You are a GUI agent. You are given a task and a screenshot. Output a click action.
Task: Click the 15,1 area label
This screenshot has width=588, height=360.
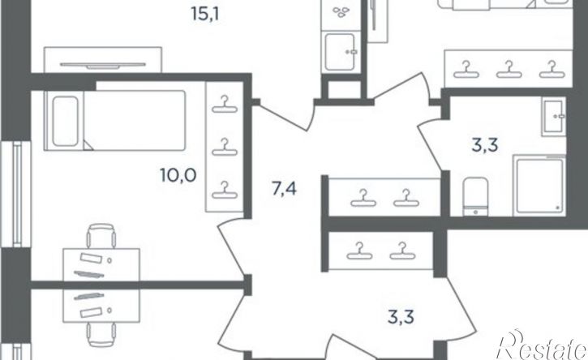pyautogui.click(x=204, y=15)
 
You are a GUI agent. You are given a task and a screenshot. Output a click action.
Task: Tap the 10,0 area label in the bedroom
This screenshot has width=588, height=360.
pyautogui.click(x=178, y=175)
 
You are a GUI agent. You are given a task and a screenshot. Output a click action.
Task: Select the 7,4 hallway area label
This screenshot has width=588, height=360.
pyautogui.click(x=284, y=189)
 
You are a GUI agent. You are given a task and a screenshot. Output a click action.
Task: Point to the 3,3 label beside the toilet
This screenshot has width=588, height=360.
pyautogui.click(x=485, y=145)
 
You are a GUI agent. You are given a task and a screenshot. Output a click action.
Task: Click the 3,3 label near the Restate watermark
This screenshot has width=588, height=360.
pyautogui.click(x=401, y=317)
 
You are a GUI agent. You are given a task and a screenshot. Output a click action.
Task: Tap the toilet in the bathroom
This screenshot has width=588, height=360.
pyautogui.click(x=475, y=197)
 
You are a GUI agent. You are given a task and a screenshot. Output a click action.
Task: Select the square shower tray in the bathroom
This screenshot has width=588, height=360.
pyautogui.click(x=539, y=186)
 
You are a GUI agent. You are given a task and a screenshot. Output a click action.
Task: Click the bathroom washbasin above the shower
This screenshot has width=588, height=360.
pyautogui.click(x=553, y=117)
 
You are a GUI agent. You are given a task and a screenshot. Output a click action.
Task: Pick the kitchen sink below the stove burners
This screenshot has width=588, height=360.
pyautogui.click(x=341, y=52)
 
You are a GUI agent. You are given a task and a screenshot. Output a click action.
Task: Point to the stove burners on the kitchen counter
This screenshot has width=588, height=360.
pyautogui.click(x=341, y=12)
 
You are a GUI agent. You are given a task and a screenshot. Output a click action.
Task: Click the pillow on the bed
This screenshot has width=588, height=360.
pyautogui.click(x=65, y=121)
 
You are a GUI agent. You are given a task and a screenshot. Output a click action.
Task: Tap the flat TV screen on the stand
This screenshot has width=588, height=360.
pyautogui.click(x=103, y=65)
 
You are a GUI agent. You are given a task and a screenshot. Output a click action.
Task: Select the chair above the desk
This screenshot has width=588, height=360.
pyautogui.click(x=101, y=236)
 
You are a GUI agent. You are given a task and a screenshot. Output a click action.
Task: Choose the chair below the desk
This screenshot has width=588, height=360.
pyautogui.click(x=101, y=335)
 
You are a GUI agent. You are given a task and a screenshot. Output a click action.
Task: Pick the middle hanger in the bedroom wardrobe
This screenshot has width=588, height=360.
pyautogui.click(x=225, y=148)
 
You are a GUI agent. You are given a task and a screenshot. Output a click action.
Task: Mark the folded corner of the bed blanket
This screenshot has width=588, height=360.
pyautogui.click(x=88, y=145)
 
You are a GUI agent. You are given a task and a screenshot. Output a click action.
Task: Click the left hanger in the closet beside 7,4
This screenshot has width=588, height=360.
pyautogui.click(x=363, y=198)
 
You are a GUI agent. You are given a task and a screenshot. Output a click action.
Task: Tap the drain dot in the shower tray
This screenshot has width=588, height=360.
pyautogui.click(x=557, y=207)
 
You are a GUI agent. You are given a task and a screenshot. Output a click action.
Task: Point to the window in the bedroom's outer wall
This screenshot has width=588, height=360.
pyautogui.click(x=15, y=194)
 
